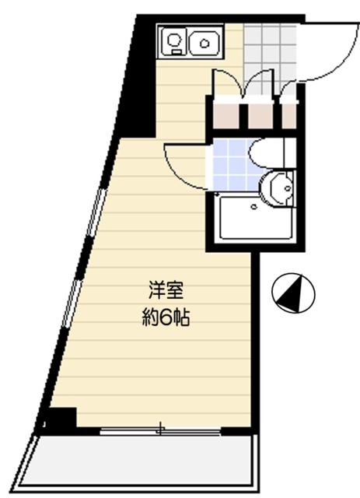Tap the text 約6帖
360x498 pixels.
pyautogui.click(x=166, y=317)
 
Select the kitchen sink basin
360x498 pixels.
pyautogui.click(x=204, y=40)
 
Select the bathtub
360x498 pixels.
pyautogui.click(x=247, y=219)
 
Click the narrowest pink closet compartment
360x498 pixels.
pyautogui.click(x=288, y=115)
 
